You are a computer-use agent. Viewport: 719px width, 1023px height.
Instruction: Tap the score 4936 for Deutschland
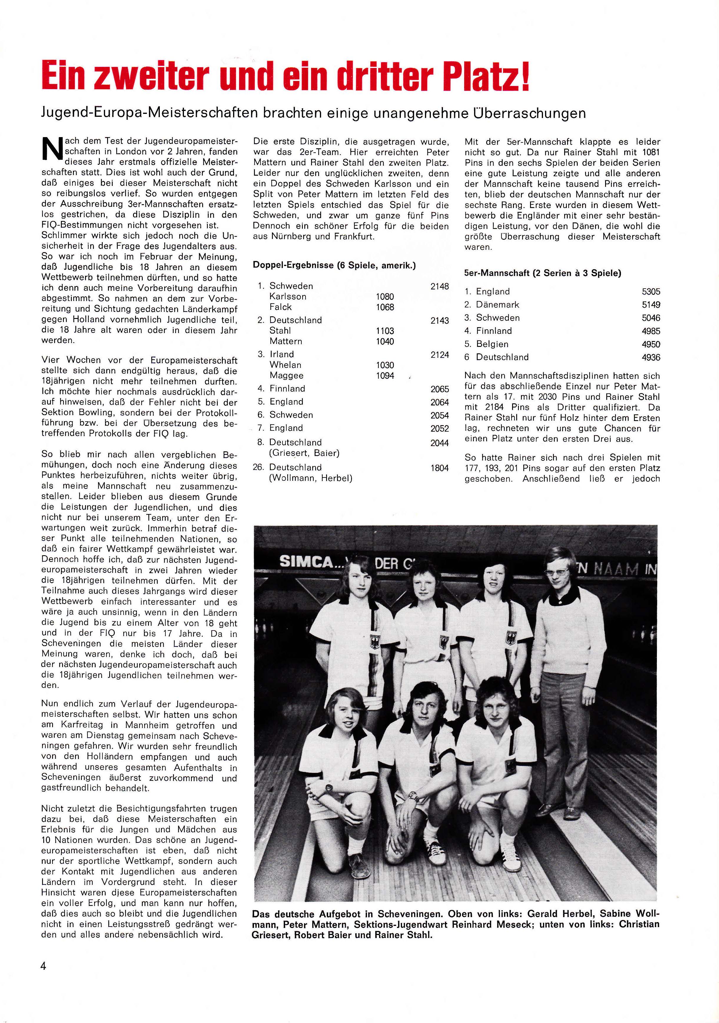click(651, 357)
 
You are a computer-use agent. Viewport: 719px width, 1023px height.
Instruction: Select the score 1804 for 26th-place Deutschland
click(439, 468)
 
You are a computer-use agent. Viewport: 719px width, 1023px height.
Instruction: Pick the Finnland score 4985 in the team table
click(651, 331)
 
